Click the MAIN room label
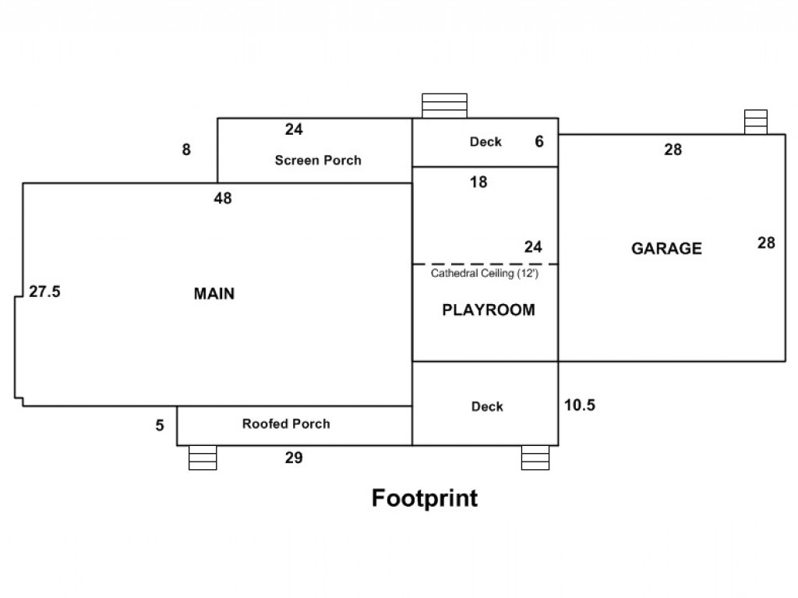[x=214, y=293]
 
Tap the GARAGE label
[x=667, y=248]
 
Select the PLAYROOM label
[x=489, y=310]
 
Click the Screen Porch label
[x=318, y=160]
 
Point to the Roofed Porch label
[x=286, y=423]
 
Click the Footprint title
[x=425, y=497]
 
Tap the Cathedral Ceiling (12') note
[x=485, y=273]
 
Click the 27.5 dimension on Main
[x=44, y=292]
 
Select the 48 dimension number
[x=223, y=197]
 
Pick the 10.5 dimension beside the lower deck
[x=580, y=405]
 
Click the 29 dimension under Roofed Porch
[x=294, y=458]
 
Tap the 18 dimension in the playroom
[x=478, y=182]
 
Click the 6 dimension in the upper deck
[x=539, y=141]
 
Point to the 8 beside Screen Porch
[x=186, y=149]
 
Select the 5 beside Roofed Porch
[x=160, y=425]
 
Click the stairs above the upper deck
[x=444, y=105]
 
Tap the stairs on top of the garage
[x=756, y=122]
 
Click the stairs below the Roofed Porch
[x=203, y=458]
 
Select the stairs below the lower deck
[x=535, y=458]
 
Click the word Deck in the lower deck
[x=487, y=406]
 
